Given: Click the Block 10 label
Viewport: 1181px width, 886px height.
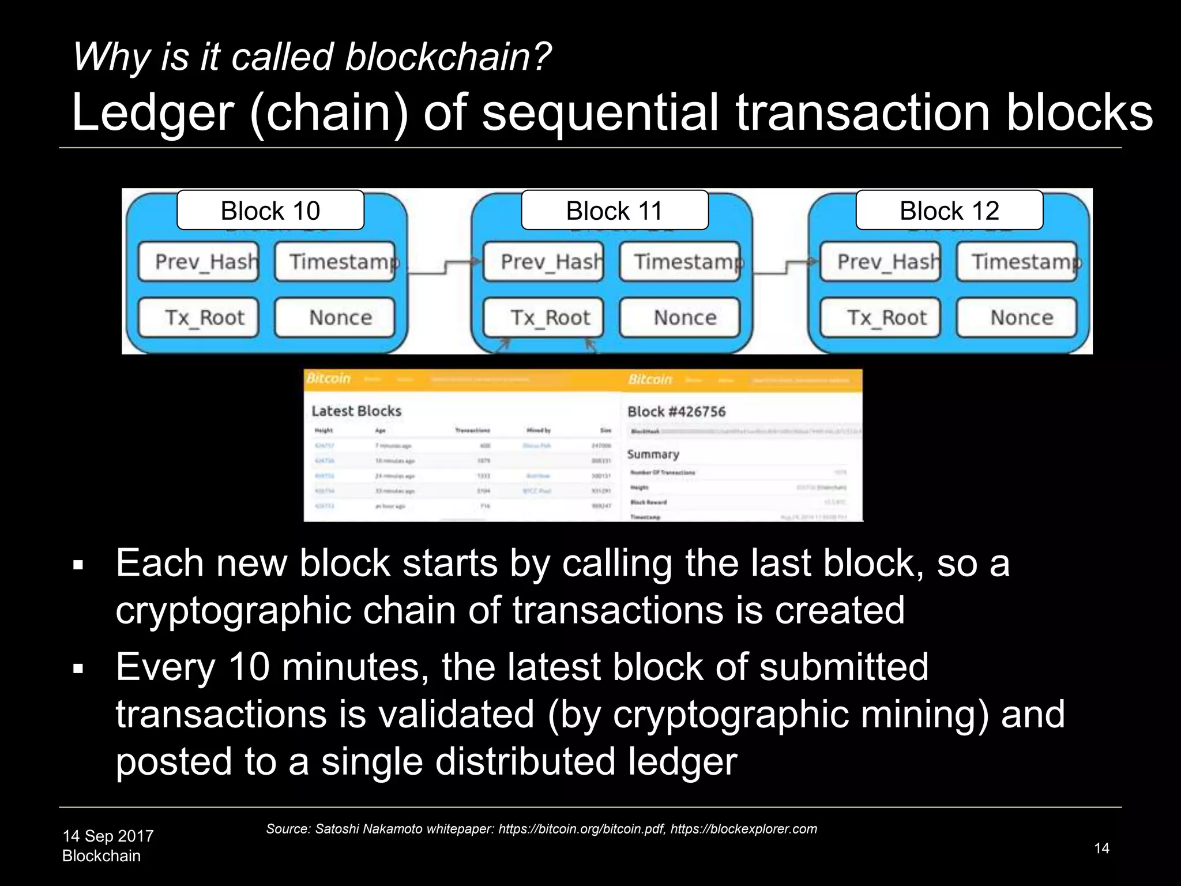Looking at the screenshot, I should tap(270, 211).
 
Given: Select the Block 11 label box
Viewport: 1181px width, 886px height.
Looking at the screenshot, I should tap(615, 211).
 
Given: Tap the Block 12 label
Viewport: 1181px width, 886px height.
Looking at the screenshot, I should tap(949, 211).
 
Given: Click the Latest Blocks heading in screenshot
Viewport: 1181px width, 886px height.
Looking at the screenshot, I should tap(356, 411).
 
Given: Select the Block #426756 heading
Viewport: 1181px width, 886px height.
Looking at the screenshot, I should tap(676, 412).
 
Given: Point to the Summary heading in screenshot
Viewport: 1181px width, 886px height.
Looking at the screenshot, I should tap(653, 455).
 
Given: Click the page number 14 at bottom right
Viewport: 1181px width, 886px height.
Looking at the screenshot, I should tap(1101, 848).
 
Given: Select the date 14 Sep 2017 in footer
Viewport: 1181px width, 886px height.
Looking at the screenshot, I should tap(108, 836).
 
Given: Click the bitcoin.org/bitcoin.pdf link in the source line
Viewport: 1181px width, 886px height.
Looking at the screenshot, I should tap(581, 829).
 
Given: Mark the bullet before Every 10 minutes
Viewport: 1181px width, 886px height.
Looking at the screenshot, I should tap(79, 669).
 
